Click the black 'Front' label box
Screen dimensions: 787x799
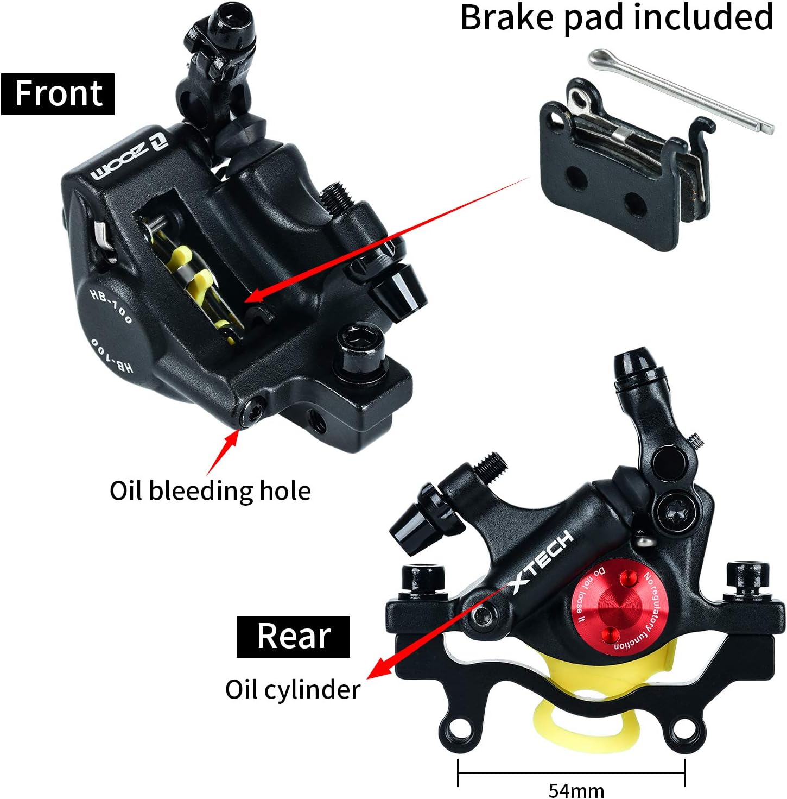point(58,94)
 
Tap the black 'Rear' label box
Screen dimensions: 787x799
point(293,636)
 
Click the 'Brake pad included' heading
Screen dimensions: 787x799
point(617,17)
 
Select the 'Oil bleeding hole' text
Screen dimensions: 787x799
point(210,490)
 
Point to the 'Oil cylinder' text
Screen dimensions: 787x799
point(293,689)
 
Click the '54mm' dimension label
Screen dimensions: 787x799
point(576,789)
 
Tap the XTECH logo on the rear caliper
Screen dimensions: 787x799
point(541,562)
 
